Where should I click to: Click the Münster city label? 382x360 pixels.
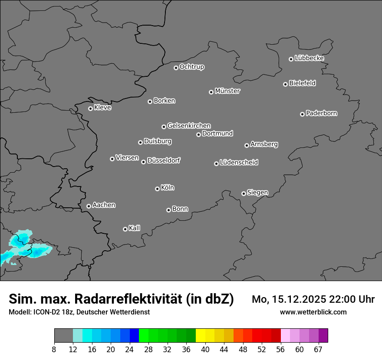pyautogui.click(x=227, y=91)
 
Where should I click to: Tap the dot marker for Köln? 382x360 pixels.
pyautogui.click(x=157, y=189)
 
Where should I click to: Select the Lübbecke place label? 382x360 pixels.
pyautogui.click(x=309, y=58)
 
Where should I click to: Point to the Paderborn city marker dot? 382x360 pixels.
pyautogui.click(x=302, y=114)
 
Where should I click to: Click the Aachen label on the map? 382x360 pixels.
pyautogui.click(x=104, y=205)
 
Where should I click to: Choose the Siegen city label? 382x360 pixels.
pyautogui.click(x=257, y=193)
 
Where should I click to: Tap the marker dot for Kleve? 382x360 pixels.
pyautogui.click(x=90, y=108)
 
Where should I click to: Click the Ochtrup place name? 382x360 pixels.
pyautogui.click(x=192, y=67)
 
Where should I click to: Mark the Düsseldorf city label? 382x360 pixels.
pyautogui.click(x=164, y=160)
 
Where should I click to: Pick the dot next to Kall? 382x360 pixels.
pyautogui.click(x=125, y=229)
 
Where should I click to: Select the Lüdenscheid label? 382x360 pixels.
pyautogui.click(x=239, y=163)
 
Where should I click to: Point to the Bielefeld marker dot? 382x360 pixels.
pyautogui.click(x=285, y=84)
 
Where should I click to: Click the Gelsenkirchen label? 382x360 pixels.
pyautogui.click(x=189, y=126)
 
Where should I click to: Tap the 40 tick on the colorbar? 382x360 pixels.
pyautogui.click(x=205, y=349)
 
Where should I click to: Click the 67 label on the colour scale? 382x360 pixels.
pyautogui.click(x=318, y=349)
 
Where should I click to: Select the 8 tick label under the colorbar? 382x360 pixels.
pyautogui.click(x=54, y=349)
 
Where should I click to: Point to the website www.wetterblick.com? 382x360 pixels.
pyautogui.click(x=313, y=312)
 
